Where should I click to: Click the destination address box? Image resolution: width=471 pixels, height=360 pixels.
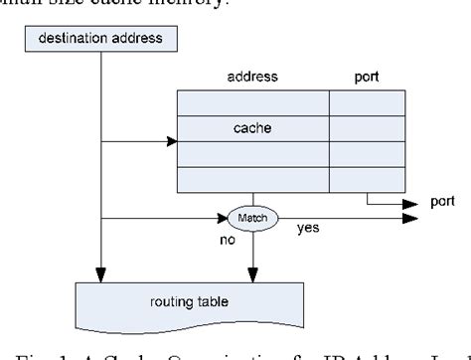pos(99,39)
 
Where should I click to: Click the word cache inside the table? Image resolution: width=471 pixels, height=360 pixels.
pos(251,128)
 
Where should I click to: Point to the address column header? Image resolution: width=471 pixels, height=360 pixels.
pos(252,75)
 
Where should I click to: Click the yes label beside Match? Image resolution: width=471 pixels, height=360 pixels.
pos(308,228)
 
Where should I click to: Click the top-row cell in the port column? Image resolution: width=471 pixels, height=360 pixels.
pos(367,102)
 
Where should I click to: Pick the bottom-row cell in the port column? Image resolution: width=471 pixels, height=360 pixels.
pos(367,180)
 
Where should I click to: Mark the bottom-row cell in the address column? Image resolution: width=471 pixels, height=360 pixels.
pos(252,180)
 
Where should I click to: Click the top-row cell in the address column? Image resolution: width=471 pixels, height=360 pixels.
pos(252,102)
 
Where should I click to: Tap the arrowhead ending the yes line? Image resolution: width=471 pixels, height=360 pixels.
pos(402,218)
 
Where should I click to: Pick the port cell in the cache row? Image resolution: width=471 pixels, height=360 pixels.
pos(367,128)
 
